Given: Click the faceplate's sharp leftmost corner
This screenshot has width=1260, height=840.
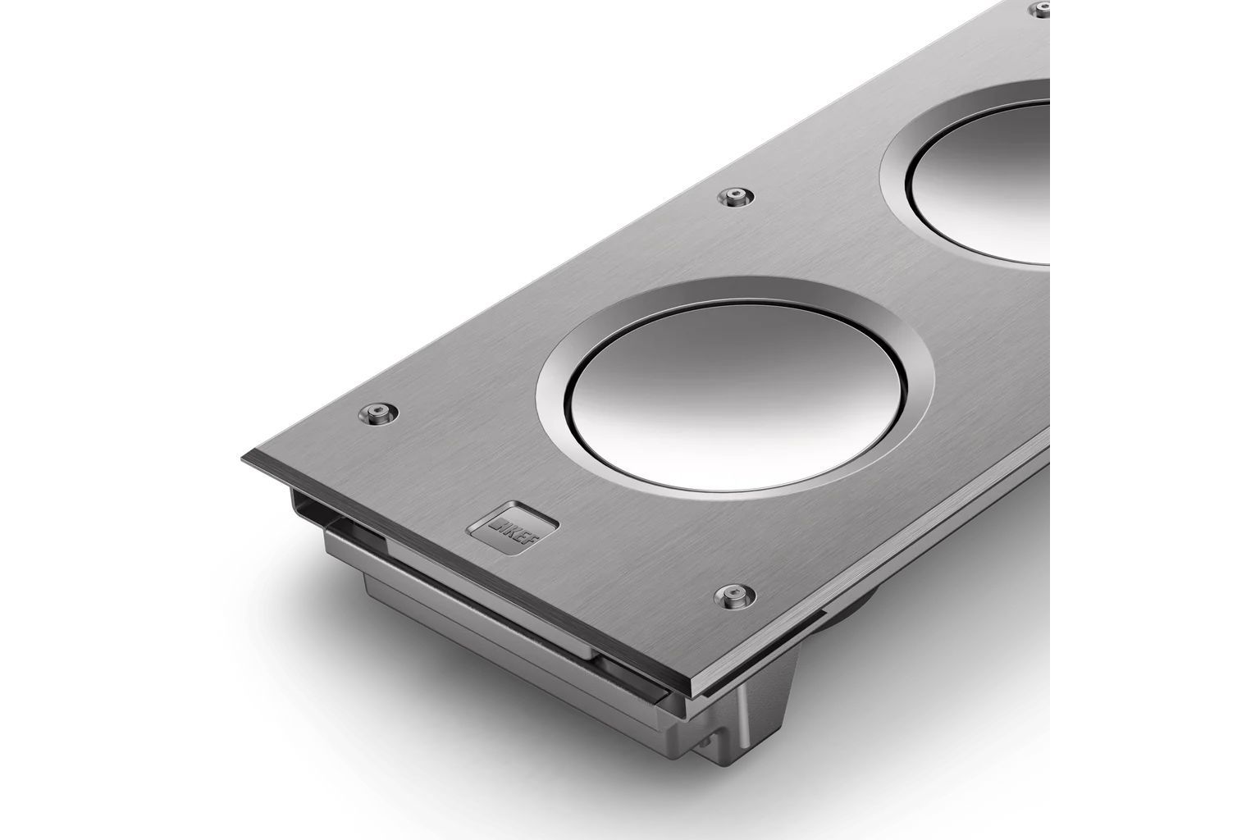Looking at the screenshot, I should click(244, 454).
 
